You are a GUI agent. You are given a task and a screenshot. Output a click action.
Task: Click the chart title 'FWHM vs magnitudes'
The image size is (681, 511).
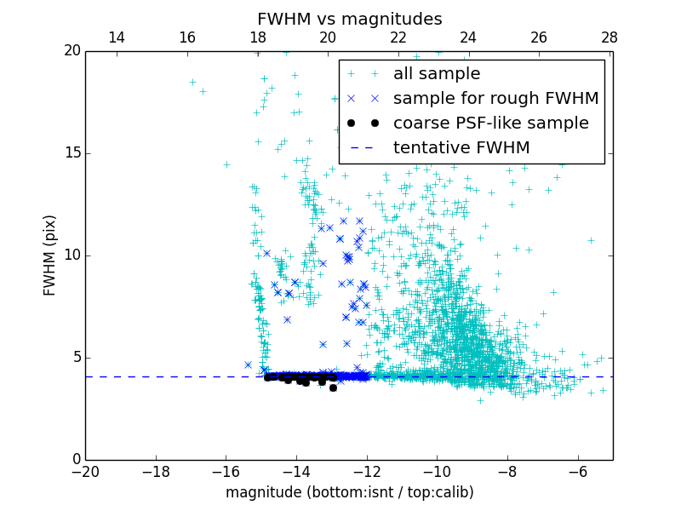(x=349, y=19)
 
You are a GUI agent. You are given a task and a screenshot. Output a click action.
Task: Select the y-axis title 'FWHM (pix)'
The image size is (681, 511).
(x=50, y=255)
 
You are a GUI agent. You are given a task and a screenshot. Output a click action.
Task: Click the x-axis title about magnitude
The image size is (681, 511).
(x=349, y=492)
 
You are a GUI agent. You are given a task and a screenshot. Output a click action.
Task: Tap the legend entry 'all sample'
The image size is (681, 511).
(x=437, y=74)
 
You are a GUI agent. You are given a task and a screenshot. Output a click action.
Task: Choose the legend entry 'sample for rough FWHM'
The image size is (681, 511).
(x=495, y=99)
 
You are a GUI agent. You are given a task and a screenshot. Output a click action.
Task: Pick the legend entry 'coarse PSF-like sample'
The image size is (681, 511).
(x=490, y=123)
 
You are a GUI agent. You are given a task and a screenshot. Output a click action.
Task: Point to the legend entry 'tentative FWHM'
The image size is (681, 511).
(x=461, y=148)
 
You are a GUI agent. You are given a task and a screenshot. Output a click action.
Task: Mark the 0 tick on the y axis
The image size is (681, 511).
(x=75, y=460)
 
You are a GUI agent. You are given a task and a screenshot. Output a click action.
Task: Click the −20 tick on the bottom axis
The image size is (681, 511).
(x=85, y=472)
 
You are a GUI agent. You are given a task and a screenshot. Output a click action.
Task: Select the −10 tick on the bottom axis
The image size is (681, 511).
(x=437, y=472)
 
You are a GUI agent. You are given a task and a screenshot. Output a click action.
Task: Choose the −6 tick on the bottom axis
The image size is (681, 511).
(x=577, y=472)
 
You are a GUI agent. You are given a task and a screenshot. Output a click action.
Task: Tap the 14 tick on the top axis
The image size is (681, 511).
(x=117, y=37)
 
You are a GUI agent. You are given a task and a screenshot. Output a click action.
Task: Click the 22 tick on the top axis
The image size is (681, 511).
(x=398, y=37)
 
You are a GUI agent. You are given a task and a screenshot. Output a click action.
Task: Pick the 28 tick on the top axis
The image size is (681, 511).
(x=609, y=37)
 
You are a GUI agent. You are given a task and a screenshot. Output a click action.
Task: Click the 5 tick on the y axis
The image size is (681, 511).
(x=75, y=358)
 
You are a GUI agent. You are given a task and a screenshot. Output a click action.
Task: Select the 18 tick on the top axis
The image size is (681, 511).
(x=258, y=37)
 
